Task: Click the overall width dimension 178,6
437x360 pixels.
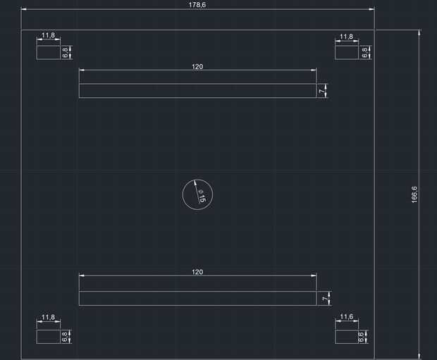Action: click(x=197, y=5)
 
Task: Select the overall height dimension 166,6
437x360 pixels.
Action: click(x=414, y=194)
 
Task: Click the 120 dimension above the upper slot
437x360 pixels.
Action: click(x=197, y=66)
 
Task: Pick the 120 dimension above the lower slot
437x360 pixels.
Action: click(x=197, y=272)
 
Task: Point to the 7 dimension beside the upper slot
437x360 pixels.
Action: click(x=322, y=91)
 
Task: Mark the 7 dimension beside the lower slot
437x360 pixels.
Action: click(x=325, y=299)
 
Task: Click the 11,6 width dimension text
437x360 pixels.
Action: click(x=346, y=317)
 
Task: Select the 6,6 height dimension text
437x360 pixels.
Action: click(x=360, y=336)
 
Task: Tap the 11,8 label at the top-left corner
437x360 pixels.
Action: click(x=49, y=36)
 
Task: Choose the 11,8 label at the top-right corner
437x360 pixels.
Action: click(x=346, y=37)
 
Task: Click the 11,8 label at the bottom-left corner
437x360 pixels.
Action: click(x=49, y=318)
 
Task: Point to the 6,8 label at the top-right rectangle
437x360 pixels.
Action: click(x=364, y=52)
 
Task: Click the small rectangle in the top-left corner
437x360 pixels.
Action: click(x=49, y=52)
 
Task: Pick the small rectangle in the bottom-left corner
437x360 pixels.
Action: click(x=49, y=336)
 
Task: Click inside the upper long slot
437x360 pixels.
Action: click(x=197, y=91)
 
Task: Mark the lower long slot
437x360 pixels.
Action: click(x=197, y=299)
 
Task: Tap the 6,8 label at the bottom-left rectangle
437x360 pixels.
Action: click(x=65, y=336)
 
